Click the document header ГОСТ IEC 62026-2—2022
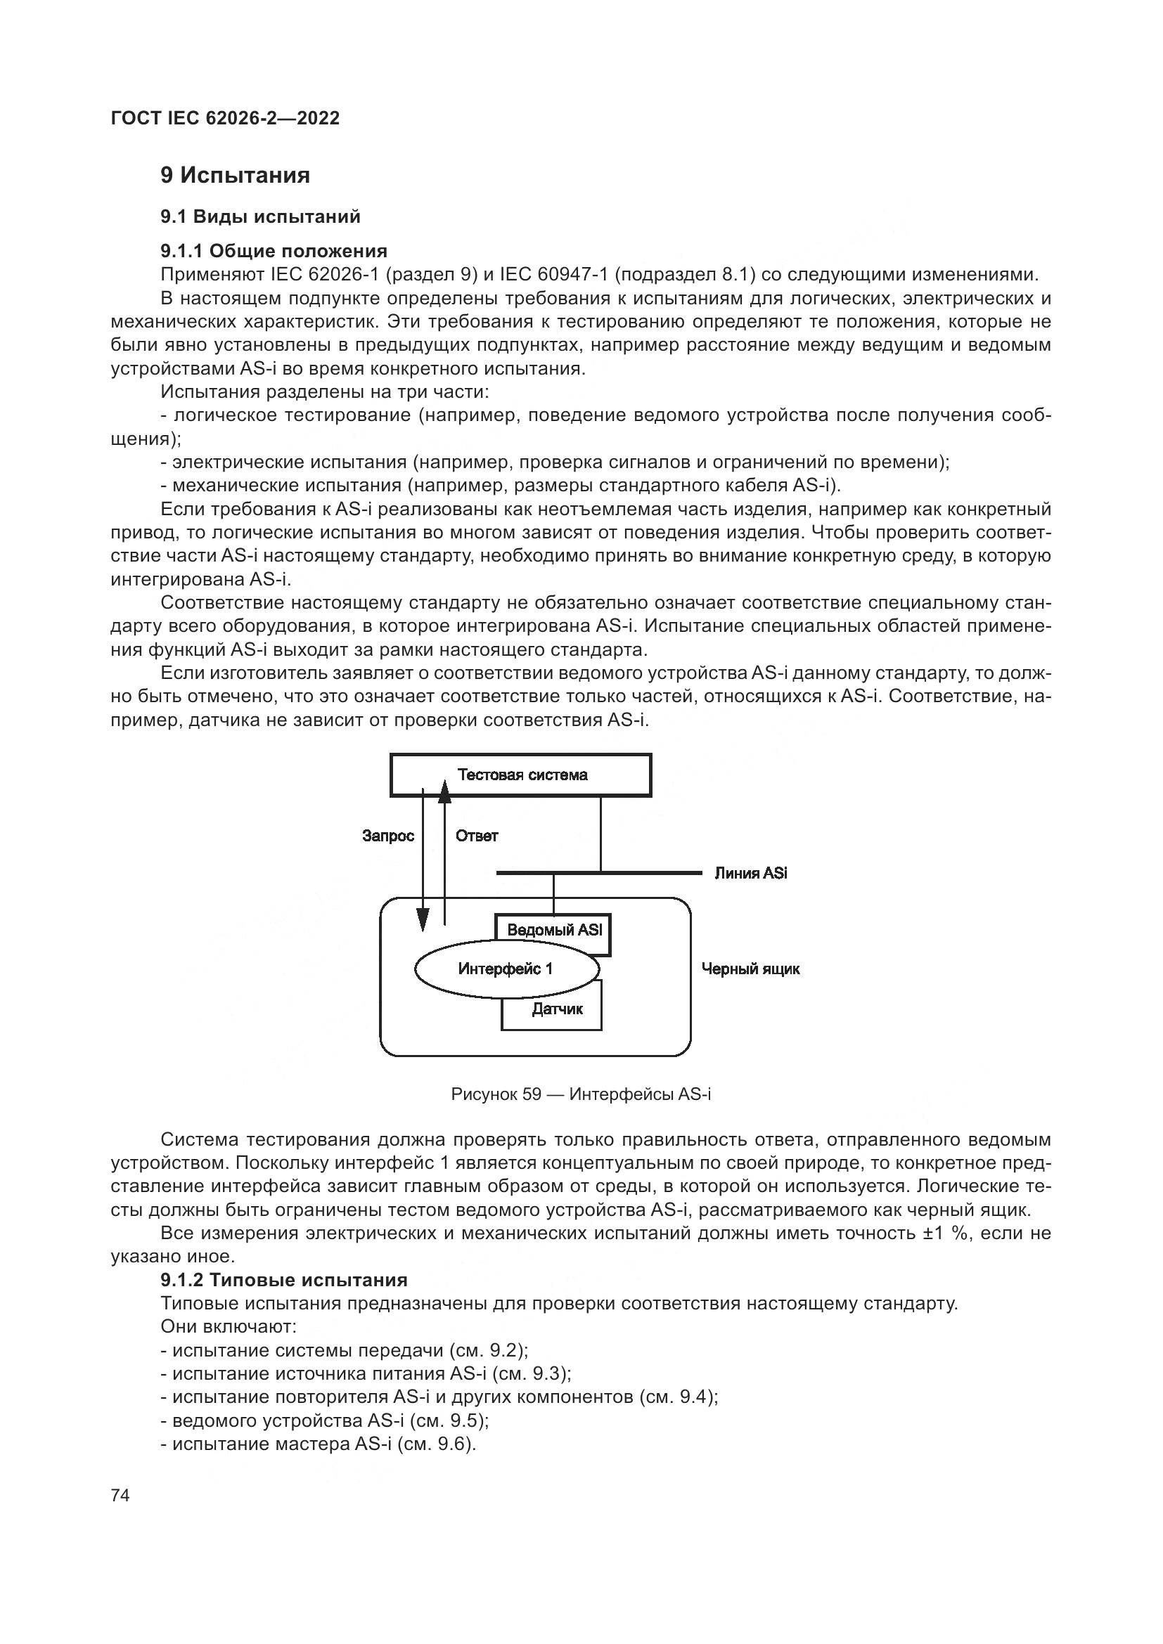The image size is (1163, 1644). [x=225, y=118]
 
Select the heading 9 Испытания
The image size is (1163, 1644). [x=235, y=175]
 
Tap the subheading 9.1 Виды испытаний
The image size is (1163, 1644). [x=260, y=216]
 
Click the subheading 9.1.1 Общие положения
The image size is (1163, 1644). [x=274, y=251]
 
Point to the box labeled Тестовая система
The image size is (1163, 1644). [x=520, y=775]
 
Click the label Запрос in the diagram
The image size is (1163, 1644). [x=388, y=836]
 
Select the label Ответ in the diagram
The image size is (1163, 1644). [x=476, y=836]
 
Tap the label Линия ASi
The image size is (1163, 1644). [x=750, y=873]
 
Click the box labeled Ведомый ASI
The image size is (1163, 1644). [x=554, y=929]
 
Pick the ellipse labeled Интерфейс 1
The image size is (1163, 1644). [x=506, y=969]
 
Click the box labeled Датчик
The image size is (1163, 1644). [x=556, y=1009]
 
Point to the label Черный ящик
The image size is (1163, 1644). [x=750, y=969]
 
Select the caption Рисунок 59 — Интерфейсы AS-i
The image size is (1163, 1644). [x=581, y=1094]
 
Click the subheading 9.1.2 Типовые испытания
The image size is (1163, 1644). [x=283, y=1279]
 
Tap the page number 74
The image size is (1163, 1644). [x=120, y=1495]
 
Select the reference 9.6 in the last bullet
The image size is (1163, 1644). [x=452, y=1444]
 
